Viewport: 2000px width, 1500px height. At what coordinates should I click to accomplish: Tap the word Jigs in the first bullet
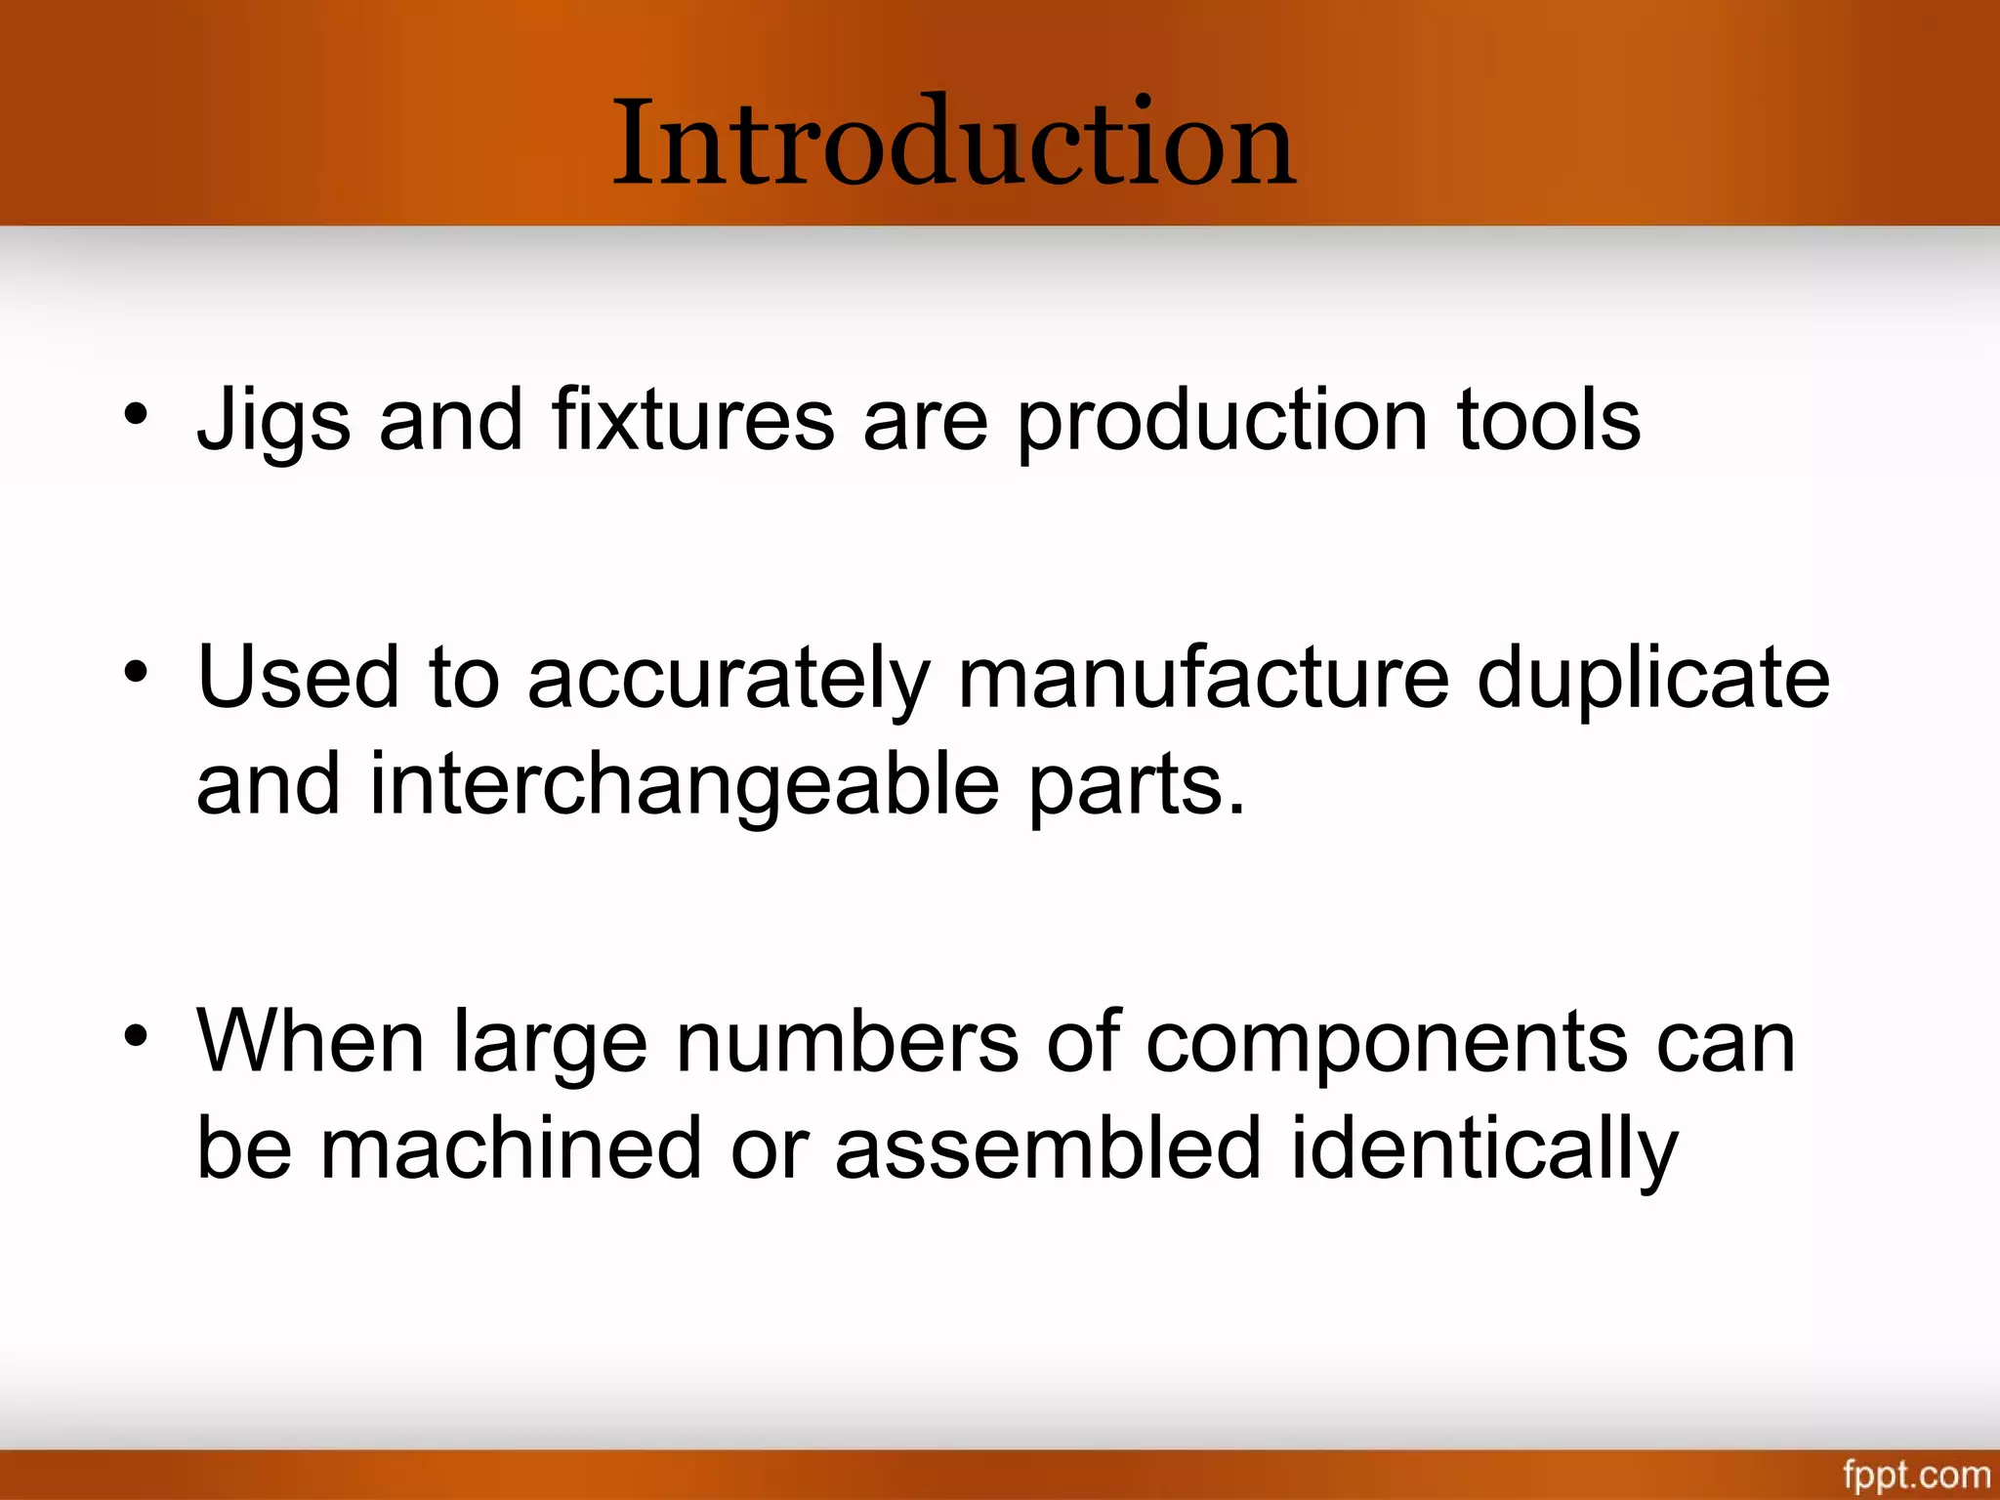coord(273,420)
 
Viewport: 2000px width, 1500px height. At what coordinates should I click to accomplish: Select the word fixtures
coord(693,420)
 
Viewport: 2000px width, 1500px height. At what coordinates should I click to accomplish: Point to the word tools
coord(1549,420)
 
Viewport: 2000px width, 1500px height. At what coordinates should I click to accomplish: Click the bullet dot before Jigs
coord(136,414)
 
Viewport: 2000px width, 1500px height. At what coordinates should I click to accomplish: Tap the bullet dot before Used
coord(136,672)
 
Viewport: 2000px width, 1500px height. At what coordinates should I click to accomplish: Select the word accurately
coord(729,678)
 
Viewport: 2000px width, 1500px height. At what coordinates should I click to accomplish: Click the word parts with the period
coord(1138,786)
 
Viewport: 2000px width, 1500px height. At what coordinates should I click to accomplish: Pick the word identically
coord(1484,1148)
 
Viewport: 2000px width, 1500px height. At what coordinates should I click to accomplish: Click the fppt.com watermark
coord(1916,1474)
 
